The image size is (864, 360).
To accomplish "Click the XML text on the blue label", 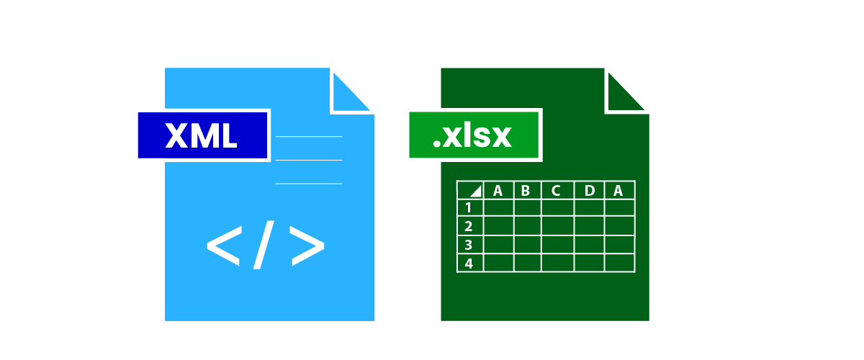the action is tap(201, 135).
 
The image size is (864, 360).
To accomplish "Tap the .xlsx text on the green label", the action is tap(472, 136).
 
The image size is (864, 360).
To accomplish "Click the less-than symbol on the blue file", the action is tap(225, 246).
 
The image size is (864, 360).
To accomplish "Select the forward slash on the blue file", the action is tap(264, 245).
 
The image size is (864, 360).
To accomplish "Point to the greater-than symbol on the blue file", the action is tap(307, 246).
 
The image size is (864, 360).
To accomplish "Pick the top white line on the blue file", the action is tap(309, 137).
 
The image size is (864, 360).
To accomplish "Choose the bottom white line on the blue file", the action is tap(309, 184).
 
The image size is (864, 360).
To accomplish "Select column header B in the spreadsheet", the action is tap(526, 191).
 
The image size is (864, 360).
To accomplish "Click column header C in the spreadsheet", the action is tap(555, 191).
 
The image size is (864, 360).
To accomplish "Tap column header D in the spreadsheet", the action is tap(590, 191).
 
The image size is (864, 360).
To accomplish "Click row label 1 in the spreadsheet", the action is tap(468, 208).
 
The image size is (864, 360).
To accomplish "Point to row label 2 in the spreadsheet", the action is tap(469, 226).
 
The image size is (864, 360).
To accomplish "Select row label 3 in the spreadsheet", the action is tap(469, 245).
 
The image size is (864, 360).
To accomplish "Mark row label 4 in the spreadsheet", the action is tap(469, 264).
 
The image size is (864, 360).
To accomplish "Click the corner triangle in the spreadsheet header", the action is tap(477, 192).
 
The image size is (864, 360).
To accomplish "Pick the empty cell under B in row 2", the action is tap(528, 226).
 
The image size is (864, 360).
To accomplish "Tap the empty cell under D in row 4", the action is tap(590, 263).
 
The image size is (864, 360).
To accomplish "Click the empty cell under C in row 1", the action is tap(558, 207).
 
